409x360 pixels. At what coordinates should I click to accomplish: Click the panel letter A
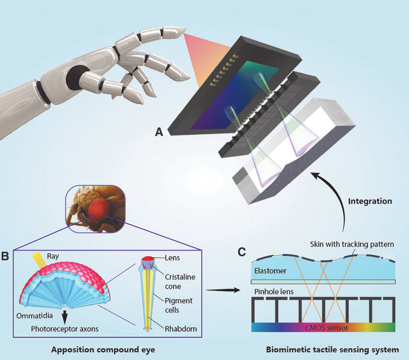[x=159, y=132]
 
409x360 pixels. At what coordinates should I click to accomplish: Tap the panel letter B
[x=5, y=256]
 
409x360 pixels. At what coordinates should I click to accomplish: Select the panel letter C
[x=242, y=252]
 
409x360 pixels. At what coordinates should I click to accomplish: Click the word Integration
[x=370, y=201]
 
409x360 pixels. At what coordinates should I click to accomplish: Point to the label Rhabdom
[x=181, y=329]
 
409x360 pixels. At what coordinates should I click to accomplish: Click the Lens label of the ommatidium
[x=172, y=258]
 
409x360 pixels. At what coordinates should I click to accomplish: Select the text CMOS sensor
[x=326, y=327]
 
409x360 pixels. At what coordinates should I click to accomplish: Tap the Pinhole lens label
[x=274, y=291]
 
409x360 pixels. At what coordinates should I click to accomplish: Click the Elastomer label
[x=270, y=271]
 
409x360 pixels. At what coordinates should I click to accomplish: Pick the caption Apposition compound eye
[x=103, y=350]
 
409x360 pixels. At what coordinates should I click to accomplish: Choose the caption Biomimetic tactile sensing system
[x=332, y=350]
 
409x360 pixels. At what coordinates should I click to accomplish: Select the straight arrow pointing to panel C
[x=222, y=290]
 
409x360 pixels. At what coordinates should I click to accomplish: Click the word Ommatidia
[x=35, y=316]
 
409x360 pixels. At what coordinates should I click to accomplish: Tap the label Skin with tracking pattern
[x=352, y=244]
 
